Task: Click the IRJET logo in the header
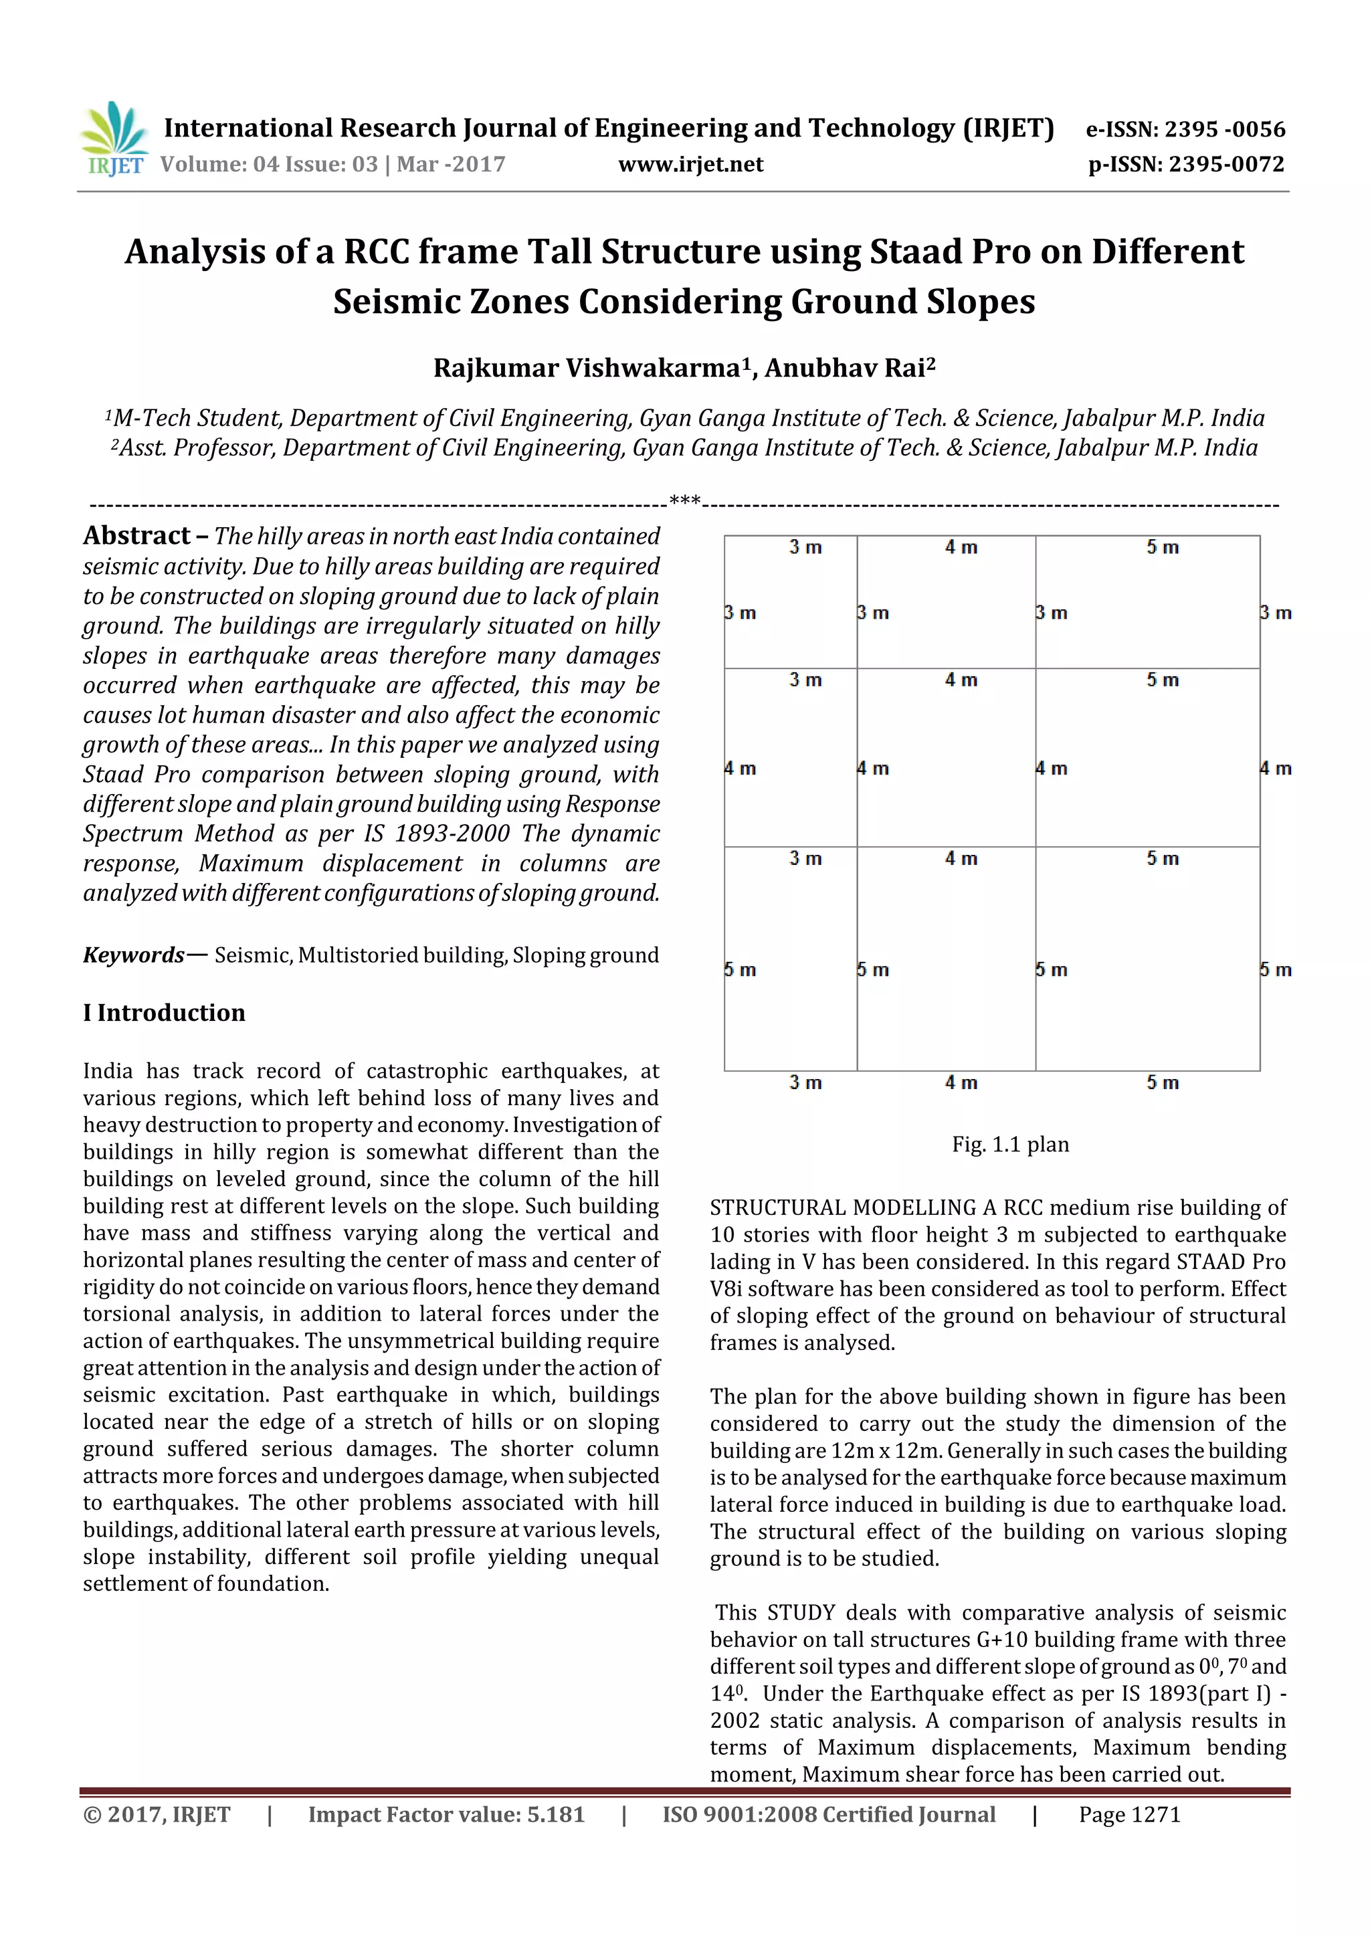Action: (114, 138)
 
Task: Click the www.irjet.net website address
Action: (690, 165)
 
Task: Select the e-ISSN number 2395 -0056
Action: (1224, 129)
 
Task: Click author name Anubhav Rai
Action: (849, 368)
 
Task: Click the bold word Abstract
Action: (136, 535)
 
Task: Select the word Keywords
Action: (133, 955)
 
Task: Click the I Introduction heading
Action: (164, 1012)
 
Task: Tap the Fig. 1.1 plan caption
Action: (1009, 1144)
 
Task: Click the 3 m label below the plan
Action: (805, 1082)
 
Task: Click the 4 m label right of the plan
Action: (1276, 768)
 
